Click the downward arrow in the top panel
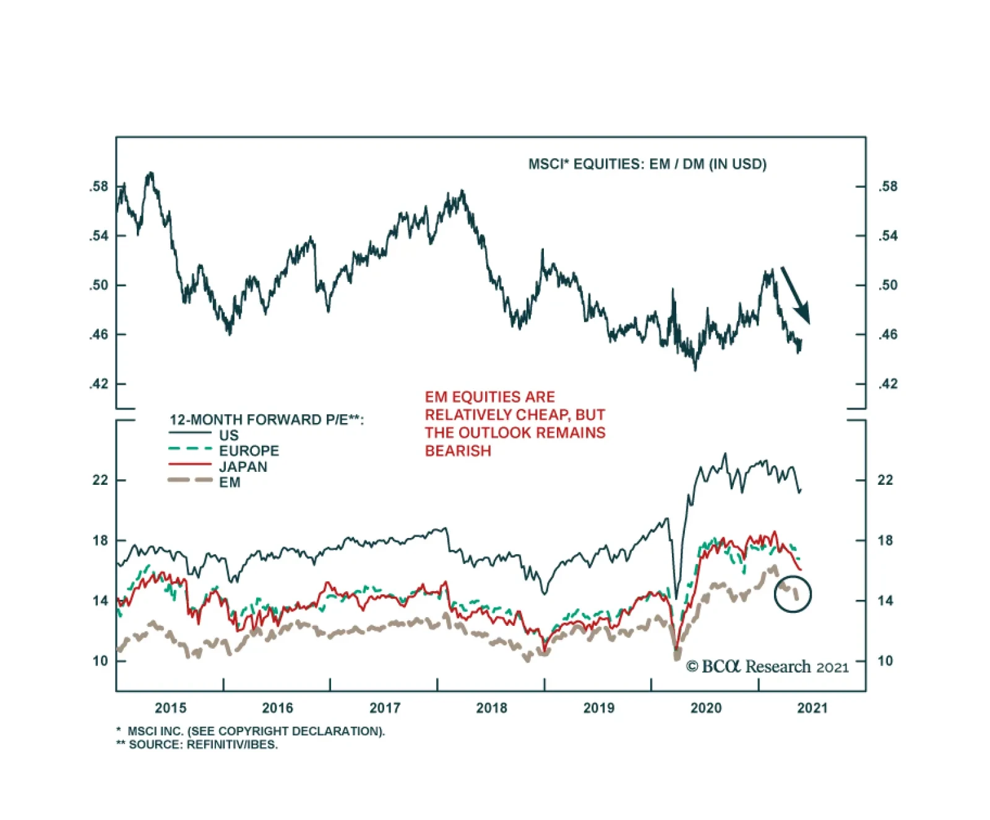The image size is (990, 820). point(795,295)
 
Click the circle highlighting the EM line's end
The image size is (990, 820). point(793,594)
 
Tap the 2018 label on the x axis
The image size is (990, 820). point(491,708)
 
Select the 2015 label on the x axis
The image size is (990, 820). point(170,708)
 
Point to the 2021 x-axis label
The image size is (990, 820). point(812,708)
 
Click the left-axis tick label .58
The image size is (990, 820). point(98,186)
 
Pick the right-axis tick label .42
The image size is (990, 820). point(888,384)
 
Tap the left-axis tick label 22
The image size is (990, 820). point(100,480)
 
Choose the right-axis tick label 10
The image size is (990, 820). point(885,661)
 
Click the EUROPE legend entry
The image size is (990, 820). point(249,451)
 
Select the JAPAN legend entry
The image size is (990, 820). point(243,467)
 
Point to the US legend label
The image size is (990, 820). point(228,435)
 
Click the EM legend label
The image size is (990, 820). point(230,482)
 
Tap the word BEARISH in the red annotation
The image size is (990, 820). point(458,451)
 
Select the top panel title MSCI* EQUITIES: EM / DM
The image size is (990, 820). point(647,164)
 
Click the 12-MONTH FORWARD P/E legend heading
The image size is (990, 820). point(266,420)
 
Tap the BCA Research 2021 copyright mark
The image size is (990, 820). point(767,667)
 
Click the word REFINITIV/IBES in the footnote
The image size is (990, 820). point(232,745)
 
